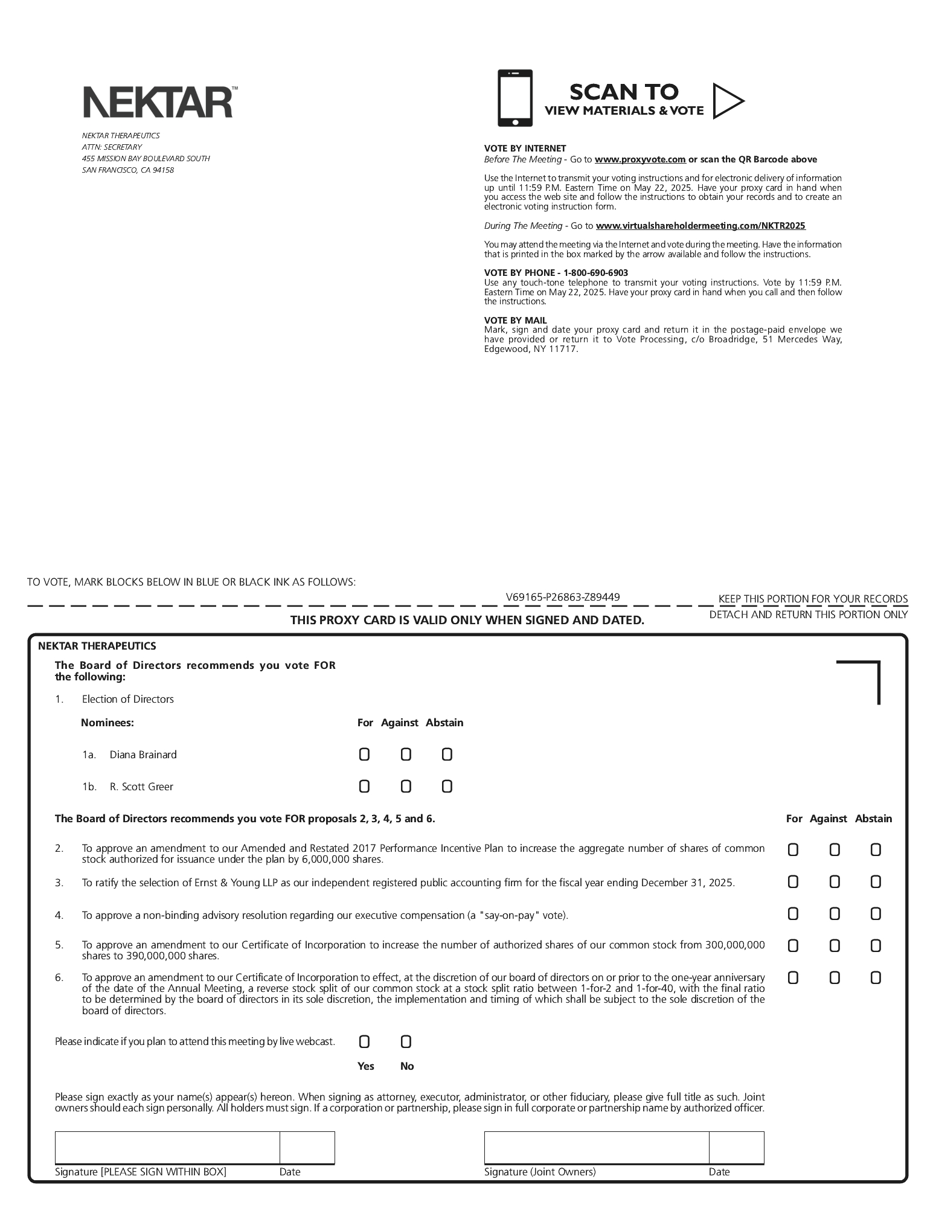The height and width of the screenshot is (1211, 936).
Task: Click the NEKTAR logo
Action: (159, 101)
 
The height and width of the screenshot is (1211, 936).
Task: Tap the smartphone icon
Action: (515, 98)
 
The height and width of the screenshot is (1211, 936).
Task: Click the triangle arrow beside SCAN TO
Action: (727, 101)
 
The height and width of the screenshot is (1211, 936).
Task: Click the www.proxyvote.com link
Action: (640, 159)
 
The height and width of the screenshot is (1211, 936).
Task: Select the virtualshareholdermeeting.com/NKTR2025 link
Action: (700, 226)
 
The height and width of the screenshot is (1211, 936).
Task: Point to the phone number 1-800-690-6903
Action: (595, 273)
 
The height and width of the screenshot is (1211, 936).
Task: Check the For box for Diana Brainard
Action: (364, 755)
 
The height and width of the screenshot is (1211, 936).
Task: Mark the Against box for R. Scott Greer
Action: (406, 787)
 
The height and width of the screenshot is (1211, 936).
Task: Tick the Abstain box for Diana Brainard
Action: (447, 755)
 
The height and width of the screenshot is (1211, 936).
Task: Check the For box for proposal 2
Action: (793, 850)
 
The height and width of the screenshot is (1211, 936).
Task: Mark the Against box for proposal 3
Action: (835, 882)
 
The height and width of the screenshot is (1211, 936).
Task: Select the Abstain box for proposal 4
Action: (876, 914)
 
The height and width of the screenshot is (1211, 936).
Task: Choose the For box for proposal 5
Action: (793, 946)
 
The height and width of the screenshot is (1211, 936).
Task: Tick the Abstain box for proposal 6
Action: (876, 978)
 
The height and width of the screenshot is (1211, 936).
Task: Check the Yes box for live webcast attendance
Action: (364, 1042)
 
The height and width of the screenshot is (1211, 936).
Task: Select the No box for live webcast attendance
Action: (406, 1042)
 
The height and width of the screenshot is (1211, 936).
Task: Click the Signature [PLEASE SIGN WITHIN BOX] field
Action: (167, 1148)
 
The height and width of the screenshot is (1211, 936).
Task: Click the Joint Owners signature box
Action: (597, 1148)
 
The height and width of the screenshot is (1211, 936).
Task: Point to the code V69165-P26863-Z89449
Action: (563, 598)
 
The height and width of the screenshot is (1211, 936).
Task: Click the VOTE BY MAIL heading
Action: (515, 321)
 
